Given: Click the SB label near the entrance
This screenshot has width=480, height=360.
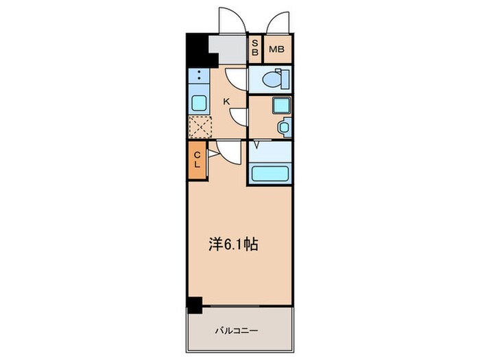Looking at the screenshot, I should tap(255, 49).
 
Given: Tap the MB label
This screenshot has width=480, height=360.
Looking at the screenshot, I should tap(278, 49).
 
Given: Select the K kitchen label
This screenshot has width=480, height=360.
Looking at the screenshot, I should tap(226, 101).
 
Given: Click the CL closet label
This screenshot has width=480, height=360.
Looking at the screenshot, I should tap(196, 160).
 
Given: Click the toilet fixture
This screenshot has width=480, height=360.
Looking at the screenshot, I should tap(280, 79).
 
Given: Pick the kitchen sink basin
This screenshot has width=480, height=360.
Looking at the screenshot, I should tap(197, 104).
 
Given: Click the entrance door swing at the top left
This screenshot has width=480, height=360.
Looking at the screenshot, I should tap(230, 19).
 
